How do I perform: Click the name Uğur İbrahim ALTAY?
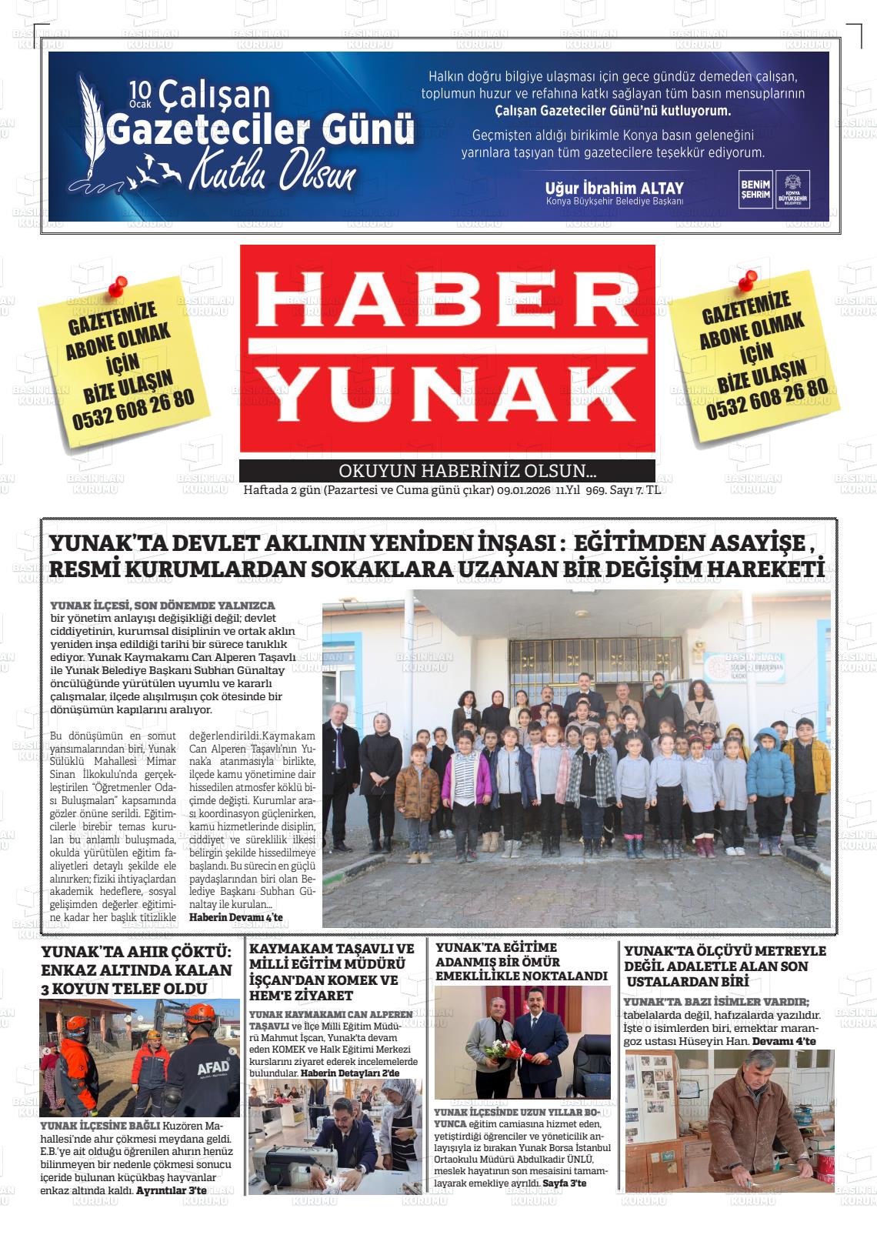(x=614, y=189)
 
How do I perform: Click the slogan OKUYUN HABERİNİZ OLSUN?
(x=468, y=471)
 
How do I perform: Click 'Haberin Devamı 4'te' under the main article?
(x=235, y=917)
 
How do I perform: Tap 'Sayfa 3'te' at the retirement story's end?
(x=564, y=1182)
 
